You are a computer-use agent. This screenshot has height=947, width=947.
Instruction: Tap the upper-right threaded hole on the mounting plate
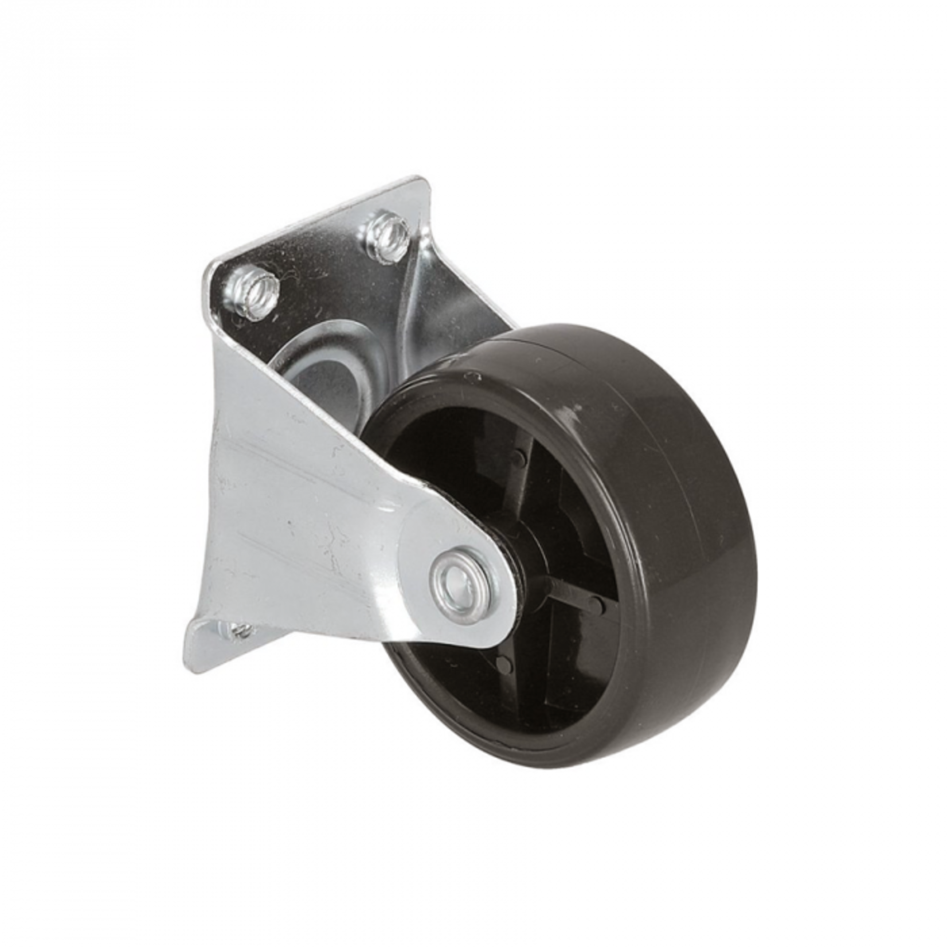point(389,230)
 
